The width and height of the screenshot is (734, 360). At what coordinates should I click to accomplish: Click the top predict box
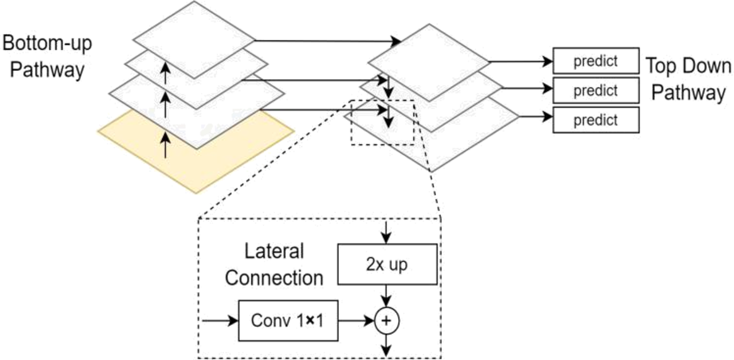[595, 61]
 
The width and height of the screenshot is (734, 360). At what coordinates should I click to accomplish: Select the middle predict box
[595, 90]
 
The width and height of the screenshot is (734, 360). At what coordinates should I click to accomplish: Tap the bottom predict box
[595, 119]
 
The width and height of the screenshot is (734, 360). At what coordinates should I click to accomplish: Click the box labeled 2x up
[387, 265]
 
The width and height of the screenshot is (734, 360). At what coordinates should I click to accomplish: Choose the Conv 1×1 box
[288, 320]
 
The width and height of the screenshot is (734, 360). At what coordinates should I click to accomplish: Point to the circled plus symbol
[387, 321]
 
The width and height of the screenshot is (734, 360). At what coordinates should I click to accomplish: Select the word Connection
[274, 278]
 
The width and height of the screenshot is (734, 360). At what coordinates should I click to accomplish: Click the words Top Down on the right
[688, 67]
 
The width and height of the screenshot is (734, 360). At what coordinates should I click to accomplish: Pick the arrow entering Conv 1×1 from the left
[219, 321]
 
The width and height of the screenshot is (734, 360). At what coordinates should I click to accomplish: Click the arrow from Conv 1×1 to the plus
[355, 321]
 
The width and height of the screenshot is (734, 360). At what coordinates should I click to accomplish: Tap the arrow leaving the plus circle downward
[387, 344]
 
